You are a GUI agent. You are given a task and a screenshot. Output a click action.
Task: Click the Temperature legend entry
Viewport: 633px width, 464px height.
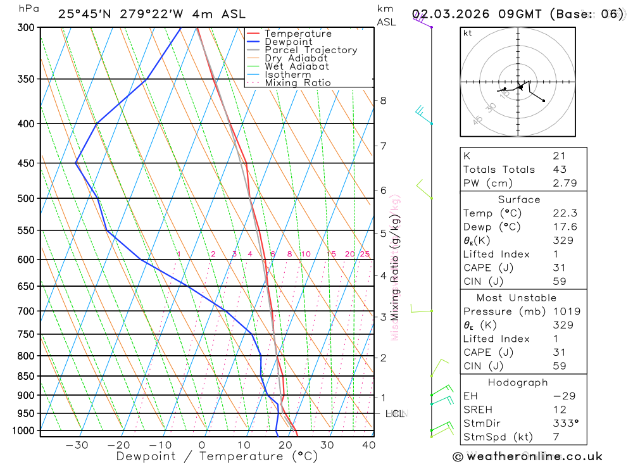pos(298,34)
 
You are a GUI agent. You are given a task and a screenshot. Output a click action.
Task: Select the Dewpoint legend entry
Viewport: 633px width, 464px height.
pos(289,42)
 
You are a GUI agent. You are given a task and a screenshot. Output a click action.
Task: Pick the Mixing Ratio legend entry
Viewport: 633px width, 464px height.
pos(298,83)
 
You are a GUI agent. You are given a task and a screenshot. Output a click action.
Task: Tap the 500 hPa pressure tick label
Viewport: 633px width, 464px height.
pos(26,198)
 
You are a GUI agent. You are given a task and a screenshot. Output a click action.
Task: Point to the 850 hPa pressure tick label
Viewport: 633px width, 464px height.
pos(26,376)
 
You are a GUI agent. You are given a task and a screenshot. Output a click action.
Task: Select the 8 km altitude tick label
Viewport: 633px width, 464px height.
pos(383,100)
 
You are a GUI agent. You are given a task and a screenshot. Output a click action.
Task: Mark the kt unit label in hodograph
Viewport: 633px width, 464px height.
pos(468,33)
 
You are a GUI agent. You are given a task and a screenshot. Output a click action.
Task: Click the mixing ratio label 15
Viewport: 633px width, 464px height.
pos(331,254)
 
